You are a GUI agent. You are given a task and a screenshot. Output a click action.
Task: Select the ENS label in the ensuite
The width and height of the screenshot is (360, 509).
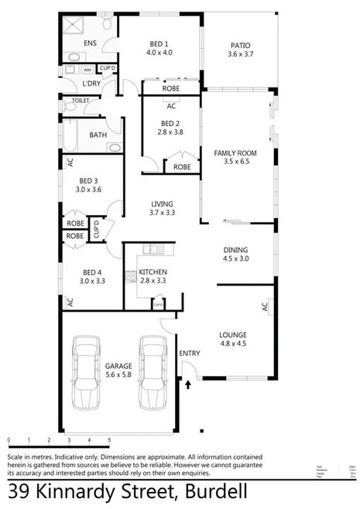(x=91, y=44)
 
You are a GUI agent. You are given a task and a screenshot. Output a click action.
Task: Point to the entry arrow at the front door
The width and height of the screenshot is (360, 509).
(x=188, y=383)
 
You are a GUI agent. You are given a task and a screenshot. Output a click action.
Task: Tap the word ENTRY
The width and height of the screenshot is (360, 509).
(x=189, y=354)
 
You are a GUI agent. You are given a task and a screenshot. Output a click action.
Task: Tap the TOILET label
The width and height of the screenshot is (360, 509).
(x=80, y=101)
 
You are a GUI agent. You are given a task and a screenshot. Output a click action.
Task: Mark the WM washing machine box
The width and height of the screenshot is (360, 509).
(x=87, y=70)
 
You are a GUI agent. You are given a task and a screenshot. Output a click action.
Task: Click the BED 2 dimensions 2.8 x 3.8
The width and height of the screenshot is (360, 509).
(x=170, y=132)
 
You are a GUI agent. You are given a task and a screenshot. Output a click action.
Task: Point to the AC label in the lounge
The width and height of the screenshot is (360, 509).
(x=264, y=308)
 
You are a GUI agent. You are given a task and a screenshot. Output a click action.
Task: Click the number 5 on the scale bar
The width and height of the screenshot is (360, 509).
(x=109, y=439)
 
